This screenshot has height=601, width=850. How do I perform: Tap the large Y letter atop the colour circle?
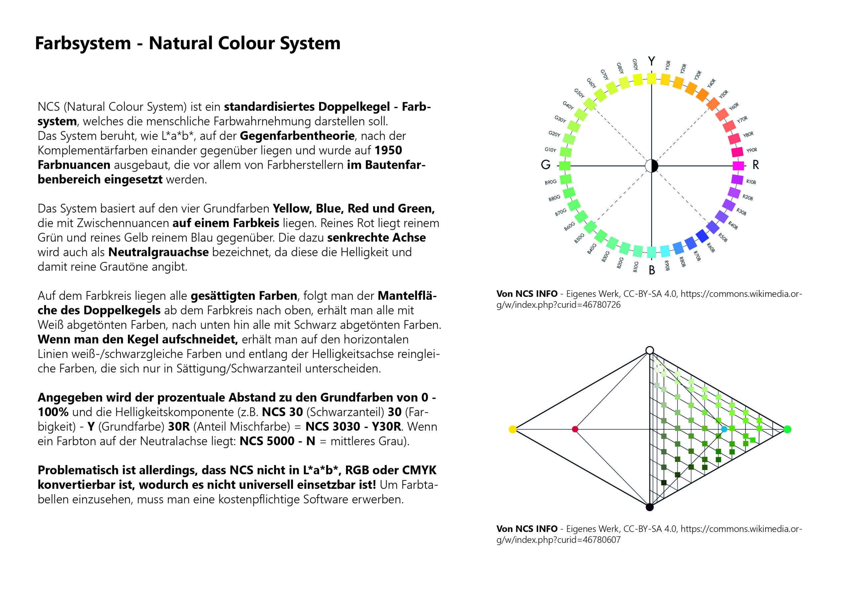pos(651,61)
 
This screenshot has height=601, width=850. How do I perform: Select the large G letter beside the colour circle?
pos(546,165)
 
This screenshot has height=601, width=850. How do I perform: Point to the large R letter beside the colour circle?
pos(756,165)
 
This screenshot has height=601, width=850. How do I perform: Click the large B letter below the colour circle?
pos(651,270)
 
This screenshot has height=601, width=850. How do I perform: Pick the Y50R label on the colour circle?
pos(723,94)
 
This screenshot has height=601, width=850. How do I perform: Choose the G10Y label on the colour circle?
pos(550,150)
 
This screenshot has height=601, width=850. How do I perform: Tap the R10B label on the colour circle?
pos(751,182)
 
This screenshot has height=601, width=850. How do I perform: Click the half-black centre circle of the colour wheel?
pos(651,166)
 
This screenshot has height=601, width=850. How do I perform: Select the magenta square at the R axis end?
pos(738,166)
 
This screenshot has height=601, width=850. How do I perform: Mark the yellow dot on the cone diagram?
pos(513,429)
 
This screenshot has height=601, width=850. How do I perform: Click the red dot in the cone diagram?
pos(575,429)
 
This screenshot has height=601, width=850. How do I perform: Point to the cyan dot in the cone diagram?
pos(724,429)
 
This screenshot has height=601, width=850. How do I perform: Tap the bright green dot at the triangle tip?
pos(788,429)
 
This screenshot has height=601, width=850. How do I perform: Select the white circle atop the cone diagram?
pos(650,350)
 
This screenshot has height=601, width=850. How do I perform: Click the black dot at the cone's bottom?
pos(650,507)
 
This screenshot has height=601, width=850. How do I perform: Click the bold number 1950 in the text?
pos(388,150)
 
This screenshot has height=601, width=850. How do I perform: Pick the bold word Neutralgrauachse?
pos(158,252)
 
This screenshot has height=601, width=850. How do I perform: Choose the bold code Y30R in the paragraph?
pos(386,427)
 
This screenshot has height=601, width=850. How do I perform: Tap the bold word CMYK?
pos(419,470)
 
